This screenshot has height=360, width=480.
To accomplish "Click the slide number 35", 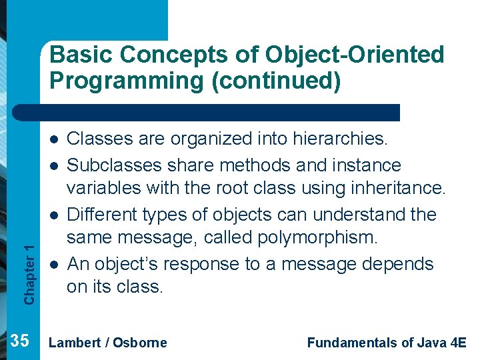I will [20, 341].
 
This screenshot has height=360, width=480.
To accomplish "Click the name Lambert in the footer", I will [75, 343].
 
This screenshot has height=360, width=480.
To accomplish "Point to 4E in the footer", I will [457, 343].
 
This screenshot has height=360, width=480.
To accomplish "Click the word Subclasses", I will [109, 165].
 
